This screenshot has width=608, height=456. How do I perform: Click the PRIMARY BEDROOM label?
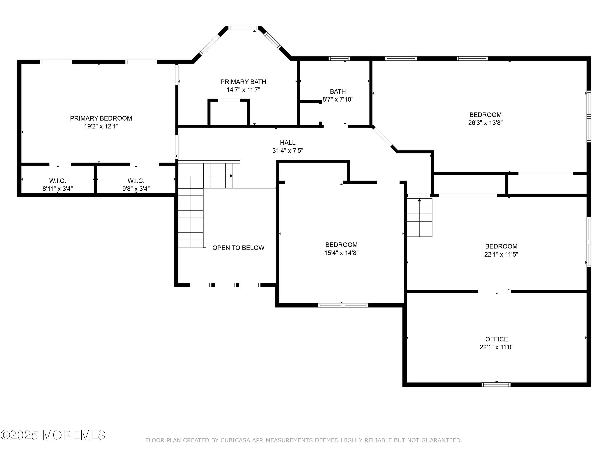tap(101, 119)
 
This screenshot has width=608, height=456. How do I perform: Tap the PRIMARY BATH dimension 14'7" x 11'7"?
tap(243, 90)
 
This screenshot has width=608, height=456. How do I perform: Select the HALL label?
tap(288, 143)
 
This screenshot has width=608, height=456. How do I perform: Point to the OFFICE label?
tap(496, 339)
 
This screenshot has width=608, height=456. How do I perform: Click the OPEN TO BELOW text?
tap(238, 248)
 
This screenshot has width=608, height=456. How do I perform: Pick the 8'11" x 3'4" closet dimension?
tap(57, 189)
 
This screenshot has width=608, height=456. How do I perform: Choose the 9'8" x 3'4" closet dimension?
tap(136, 189)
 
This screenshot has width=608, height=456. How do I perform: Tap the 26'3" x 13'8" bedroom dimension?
tap(485, 123)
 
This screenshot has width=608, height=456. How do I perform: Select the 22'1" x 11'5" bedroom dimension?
tap(501, 255)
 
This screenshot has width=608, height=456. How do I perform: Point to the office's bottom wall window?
tap(496, 384)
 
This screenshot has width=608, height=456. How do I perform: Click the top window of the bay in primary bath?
tap(243, 28)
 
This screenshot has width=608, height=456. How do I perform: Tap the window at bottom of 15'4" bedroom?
tap(343, 305)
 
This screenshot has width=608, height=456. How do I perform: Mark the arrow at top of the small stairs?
tap(420, 200)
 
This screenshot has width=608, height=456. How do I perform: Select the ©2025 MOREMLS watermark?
tap(53, 435)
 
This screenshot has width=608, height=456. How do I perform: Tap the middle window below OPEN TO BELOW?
tap(225, 285)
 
